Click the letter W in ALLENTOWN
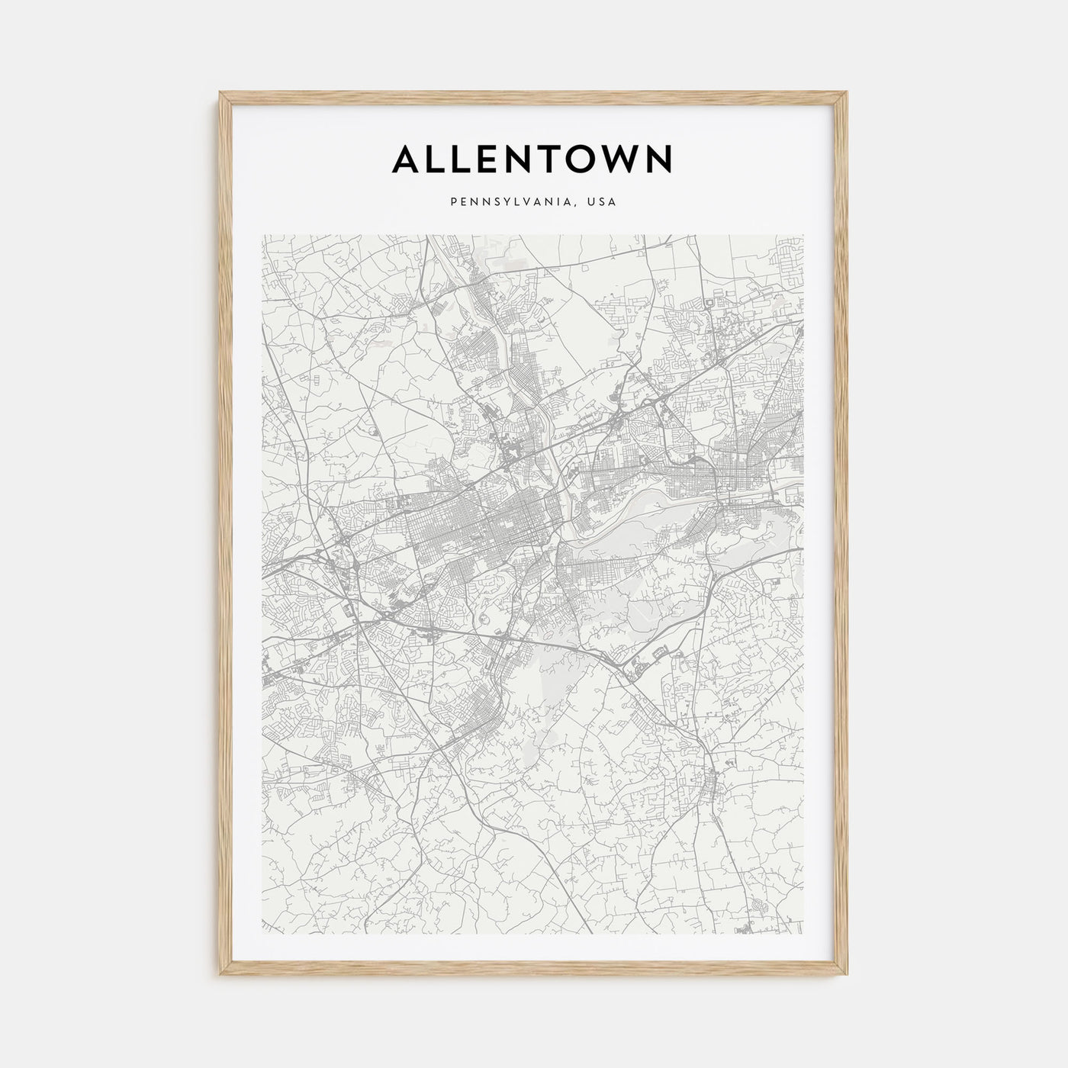[625, 159]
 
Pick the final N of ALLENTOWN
[661, 159]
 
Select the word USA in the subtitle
[603, 202]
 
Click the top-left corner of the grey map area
[262, 235]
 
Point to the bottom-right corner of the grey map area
[803, 933]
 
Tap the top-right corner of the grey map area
[803, 235]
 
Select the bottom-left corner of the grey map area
[262, 933]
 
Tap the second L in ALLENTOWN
[461, 159]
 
